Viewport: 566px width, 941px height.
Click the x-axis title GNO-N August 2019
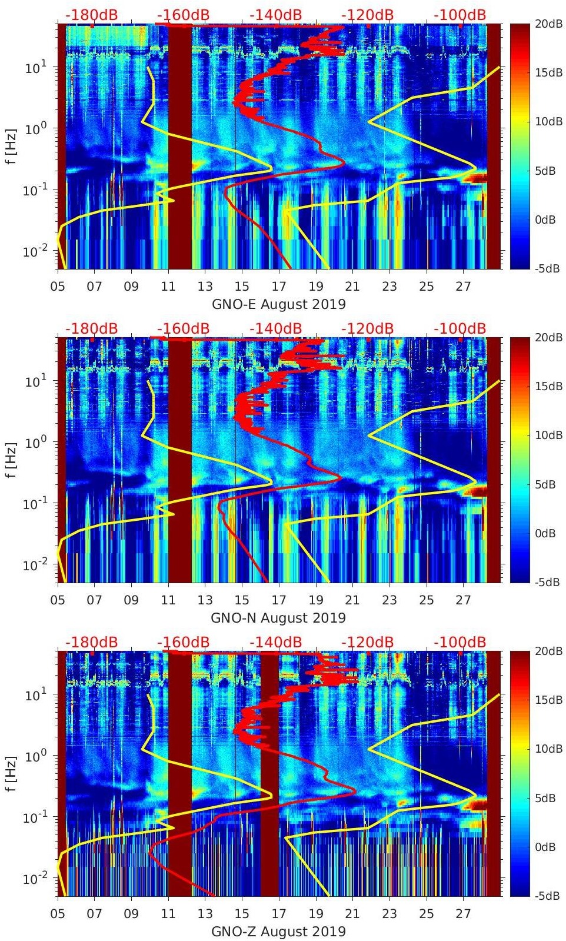pos(278,618)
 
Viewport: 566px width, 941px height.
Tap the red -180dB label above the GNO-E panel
pos(91,15)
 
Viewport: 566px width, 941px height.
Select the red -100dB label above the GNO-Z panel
pos(460,642)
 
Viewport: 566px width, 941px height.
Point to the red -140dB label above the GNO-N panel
pos(275,328)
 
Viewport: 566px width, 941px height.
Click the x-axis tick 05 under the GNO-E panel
pos(58,287)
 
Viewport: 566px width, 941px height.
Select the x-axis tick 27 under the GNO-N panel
pos(464,600)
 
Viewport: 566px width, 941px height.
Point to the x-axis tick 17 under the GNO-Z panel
pos(279,914)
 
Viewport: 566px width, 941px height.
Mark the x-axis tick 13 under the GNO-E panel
pos(205,287)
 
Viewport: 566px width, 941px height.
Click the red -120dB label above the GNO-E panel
pos(368,15)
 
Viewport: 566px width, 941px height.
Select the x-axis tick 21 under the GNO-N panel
pos(352,600)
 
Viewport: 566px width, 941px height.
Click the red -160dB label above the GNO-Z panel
pos(183,642)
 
